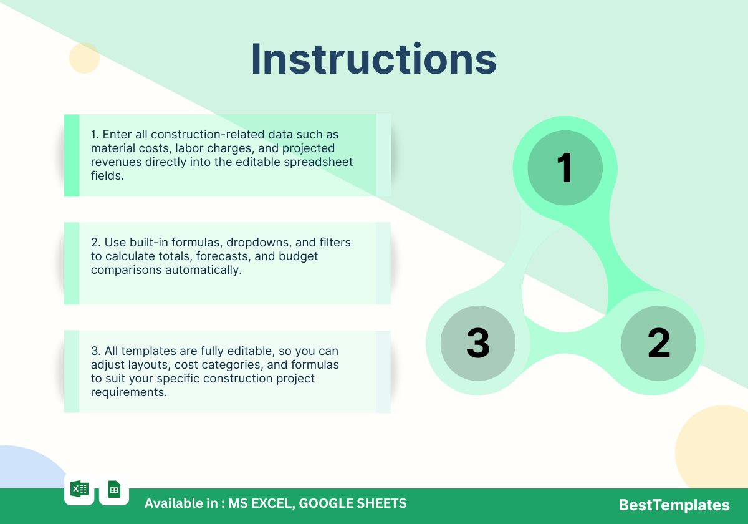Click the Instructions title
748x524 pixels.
(373, 59)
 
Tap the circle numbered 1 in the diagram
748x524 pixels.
(565, 168)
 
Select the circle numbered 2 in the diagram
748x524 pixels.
(658, 343)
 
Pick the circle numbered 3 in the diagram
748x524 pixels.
(478, 343)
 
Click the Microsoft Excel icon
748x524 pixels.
(80, 489)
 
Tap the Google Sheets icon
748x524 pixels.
(114, 489)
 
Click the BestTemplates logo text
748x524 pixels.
(674, 505)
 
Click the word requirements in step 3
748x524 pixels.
(129, 392)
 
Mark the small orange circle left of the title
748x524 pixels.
(84, 58)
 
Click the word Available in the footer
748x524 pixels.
(181, 503)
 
